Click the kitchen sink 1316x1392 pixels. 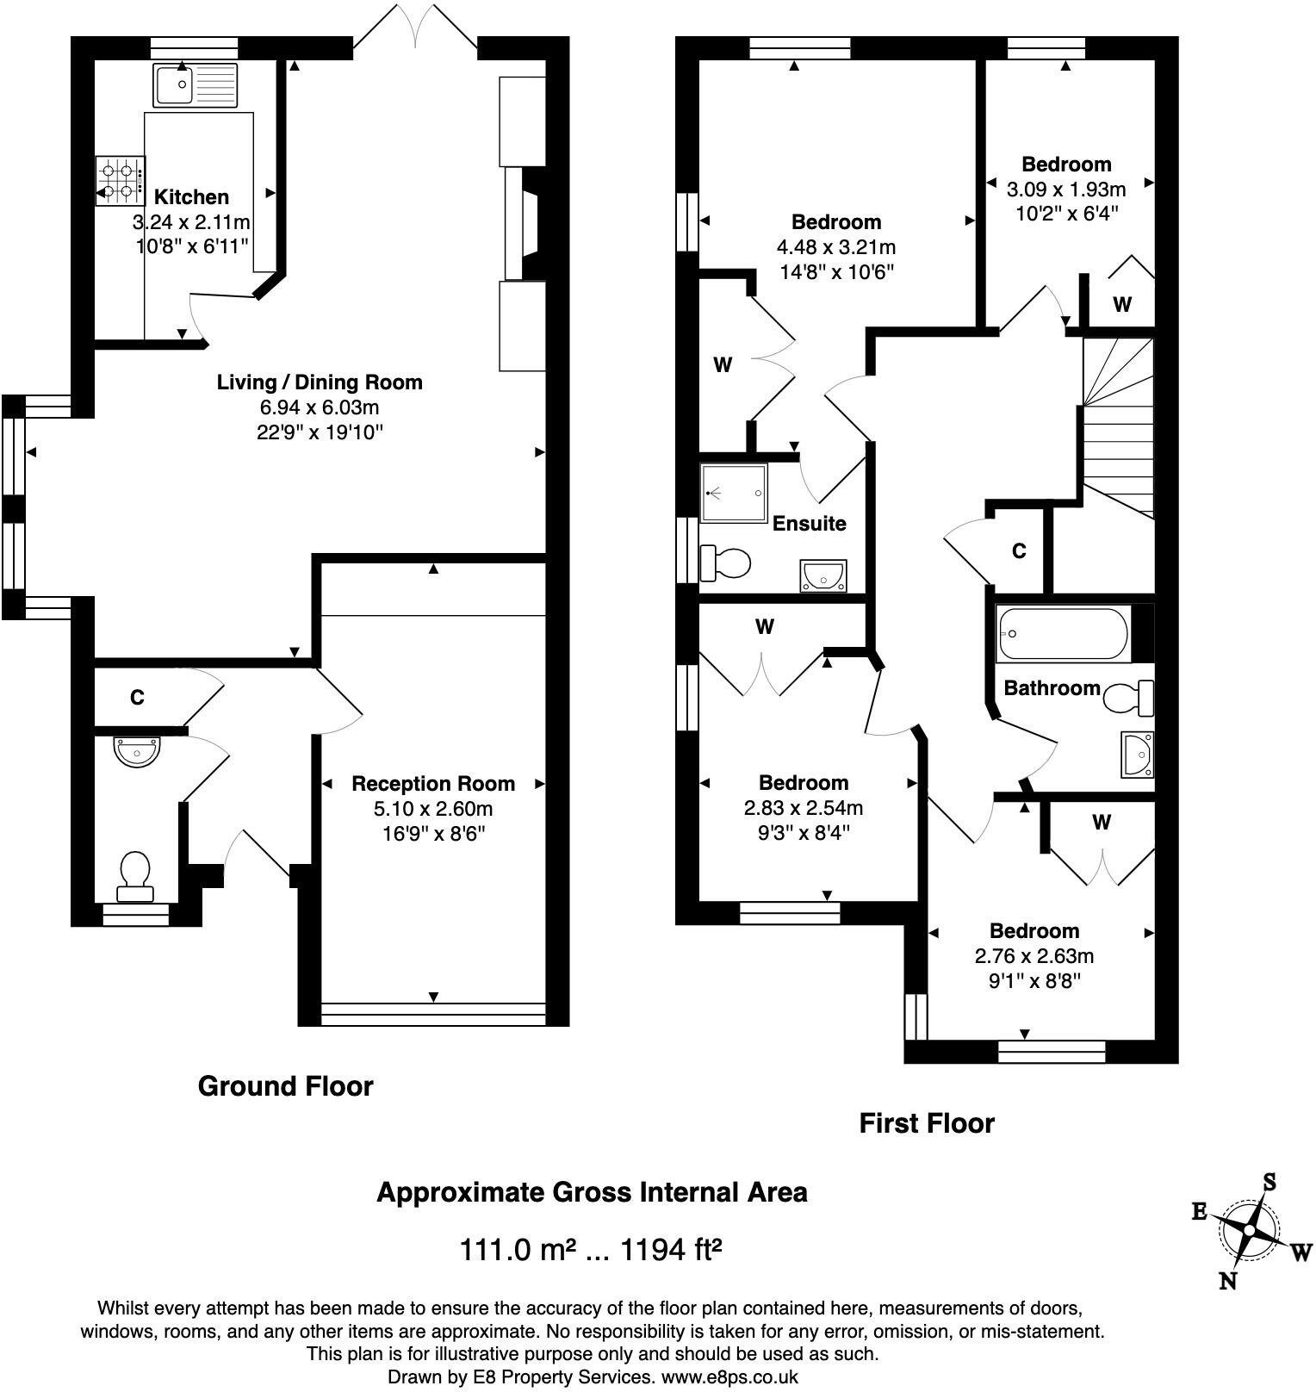(195, 84)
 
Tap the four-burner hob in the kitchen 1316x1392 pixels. (121, 181)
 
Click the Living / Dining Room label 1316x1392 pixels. (320, 382)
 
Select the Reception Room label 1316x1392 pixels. (433, 784)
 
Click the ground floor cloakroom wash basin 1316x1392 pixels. (137, 751)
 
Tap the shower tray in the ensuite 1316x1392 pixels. (734, 494)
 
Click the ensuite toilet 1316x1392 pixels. (725, 563)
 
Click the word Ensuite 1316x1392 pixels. (809, 524)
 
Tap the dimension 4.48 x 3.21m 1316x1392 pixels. (836, 248)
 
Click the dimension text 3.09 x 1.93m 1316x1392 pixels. (1066, 189)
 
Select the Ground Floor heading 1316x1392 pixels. (286, 1086)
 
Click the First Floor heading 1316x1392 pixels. (927, 1123)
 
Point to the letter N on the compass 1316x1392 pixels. (1228, 1281)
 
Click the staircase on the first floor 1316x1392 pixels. (1118, 427)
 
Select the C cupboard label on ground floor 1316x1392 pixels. (137, 698)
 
